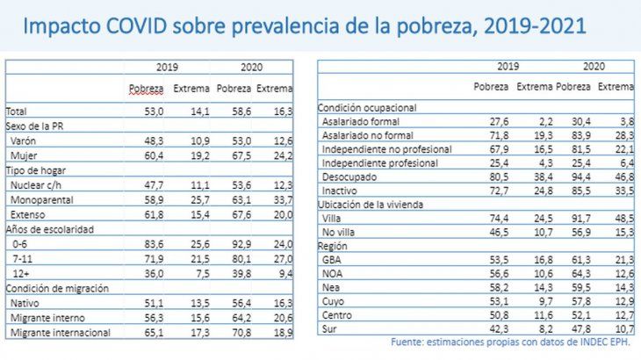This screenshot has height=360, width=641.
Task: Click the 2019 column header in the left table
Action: click(x=168, y=67)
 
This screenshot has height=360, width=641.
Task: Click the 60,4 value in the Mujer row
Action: click(x=154, y=155)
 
